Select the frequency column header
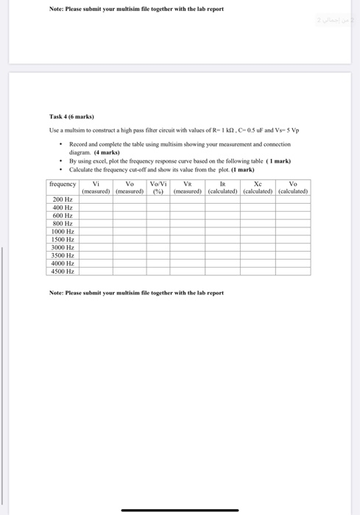63,184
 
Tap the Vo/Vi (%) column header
157,188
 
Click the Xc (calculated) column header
258,188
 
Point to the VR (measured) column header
188,188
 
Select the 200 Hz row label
63,199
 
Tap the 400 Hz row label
63,207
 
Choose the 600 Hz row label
63,216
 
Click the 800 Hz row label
63,223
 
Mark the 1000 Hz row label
63,231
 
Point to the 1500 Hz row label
63,239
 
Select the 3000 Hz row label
63,247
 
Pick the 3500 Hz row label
63,255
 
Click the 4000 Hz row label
63,263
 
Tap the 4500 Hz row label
63,271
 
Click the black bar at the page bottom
180,510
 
